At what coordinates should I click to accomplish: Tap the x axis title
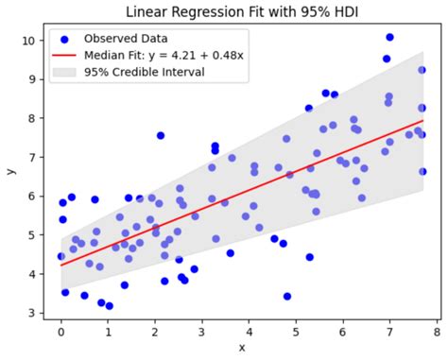point(241,349)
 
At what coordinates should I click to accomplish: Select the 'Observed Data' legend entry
point(122,39)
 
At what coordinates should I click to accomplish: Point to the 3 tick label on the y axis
point(30,313)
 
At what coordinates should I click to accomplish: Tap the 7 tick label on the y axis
point(30,157)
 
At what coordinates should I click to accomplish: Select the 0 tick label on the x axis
point(60,332)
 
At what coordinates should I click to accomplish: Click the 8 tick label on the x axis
point(436,332)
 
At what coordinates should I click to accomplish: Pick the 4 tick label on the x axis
point(249,332)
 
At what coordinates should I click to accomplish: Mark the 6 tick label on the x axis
point(342,332)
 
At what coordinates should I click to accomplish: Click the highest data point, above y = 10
point(389,37)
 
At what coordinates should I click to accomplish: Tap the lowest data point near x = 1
point(109,306)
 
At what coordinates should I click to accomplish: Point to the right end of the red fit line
point(422,121)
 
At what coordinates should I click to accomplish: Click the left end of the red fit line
point(60,266)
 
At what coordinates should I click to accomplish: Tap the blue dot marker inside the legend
point(63,39)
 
